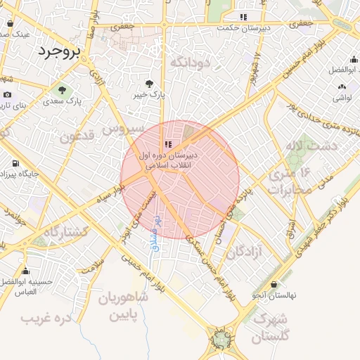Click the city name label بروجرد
point(60,51)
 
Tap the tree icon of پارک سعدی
point(62,90)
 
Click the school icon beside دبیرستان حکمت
point(243,16)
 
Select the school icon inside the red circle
point(167,143)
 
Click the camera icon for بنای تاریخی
point(7,95)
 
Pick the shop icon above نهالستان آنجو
point(274,284)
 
